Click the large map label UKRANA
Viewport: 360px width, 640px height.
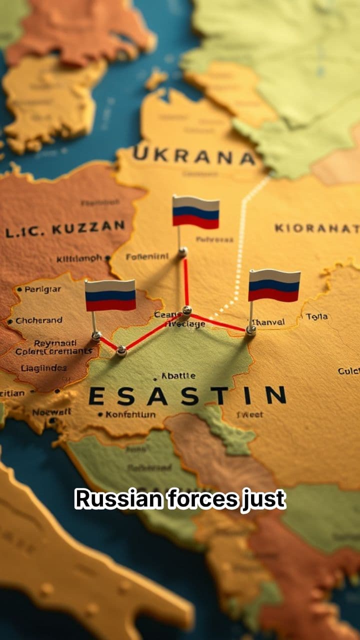(194, 156)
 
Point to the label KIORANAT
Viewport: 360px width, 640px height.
(316, 228)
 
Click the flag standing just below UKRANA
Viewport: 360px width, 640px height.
(195, 211)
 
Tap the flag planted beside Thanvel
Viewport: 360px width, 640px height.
(274, 285)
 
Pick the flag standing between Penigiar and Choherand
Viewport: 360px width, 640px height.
(110, 295)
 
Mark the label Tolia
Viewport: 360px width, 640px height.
(317, 316)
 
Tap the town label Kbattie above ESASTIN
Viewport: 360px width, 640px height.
(178, 376)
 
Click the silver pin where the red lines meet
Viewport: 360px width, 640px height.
(186, 310)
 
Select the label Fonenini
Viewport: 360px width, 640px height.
(146, 257)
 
